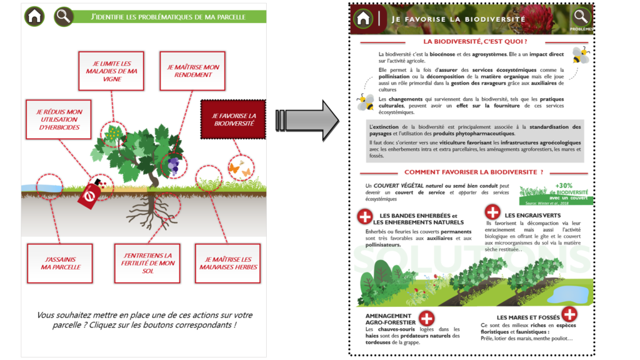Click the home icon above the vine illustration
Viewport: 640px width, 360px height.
[x=34, y=16]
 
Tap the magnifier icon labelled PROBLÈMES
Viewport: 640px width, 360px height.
[x=581, y=17]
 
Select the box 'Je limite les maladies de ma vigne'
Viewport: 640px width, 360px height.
[x=111, y=71]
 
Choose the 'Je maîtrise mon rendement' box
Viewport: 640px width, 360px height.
[x=190, y=71]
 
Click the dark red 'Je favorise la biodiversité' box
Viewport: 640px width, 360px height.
[x=233, y=120]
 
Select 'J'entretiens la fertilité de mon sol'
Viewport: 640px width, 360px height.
[x=147, y=263]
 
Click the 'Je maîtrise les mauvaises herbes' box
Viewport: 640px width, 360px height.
[x=228, y=263]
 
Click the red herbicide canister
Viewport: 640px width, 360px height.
[x=89, y=194]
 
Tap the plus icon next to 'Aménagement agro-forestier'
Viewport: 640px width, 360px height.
[x=426, y=318]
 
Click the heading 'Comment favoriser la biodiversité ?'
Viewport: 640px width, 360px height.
[x=473, y=172]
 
